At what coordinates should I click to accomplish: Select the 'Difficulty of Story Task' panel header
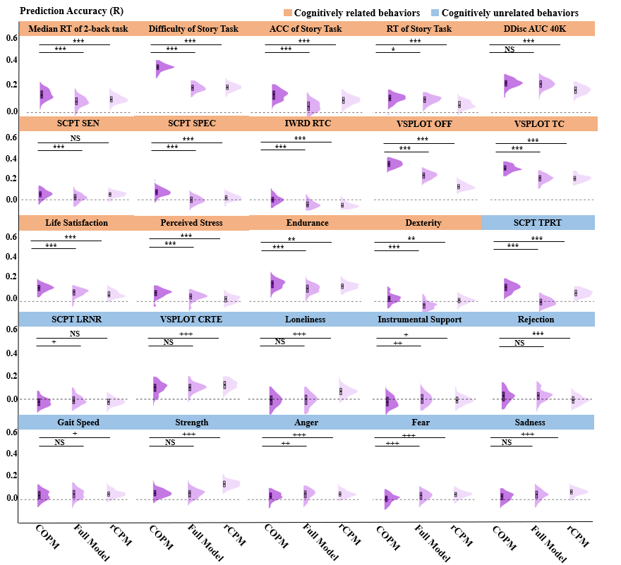click(193, 29)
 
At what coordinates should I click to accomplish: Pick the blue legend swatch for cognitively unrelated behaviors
click(435, 13)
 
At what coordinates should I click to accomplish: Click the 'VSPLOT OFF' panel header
click(423, 124)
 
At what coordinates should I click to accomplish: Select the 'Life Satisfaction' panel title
click(77, 223)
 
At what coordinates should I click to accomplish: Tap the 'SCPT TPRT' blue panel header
click(538, 223)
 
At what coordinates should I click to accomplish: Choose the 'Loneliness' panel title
click(305, 320)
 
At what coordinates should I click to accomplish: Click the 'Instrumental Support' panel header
click(420, 320)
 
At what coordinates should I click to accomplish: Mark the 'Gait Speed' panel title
click(78, 423)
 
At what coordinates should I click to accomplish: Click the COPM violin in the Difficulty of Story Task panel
click(161, 68)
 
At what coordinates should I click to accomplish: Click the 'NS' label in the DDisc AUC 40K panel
click(509, 50)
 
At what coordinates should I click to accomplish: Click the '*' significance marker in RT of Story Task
click(393, 50)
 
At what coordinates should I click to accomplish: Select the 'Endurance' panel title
click(308, 223)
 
